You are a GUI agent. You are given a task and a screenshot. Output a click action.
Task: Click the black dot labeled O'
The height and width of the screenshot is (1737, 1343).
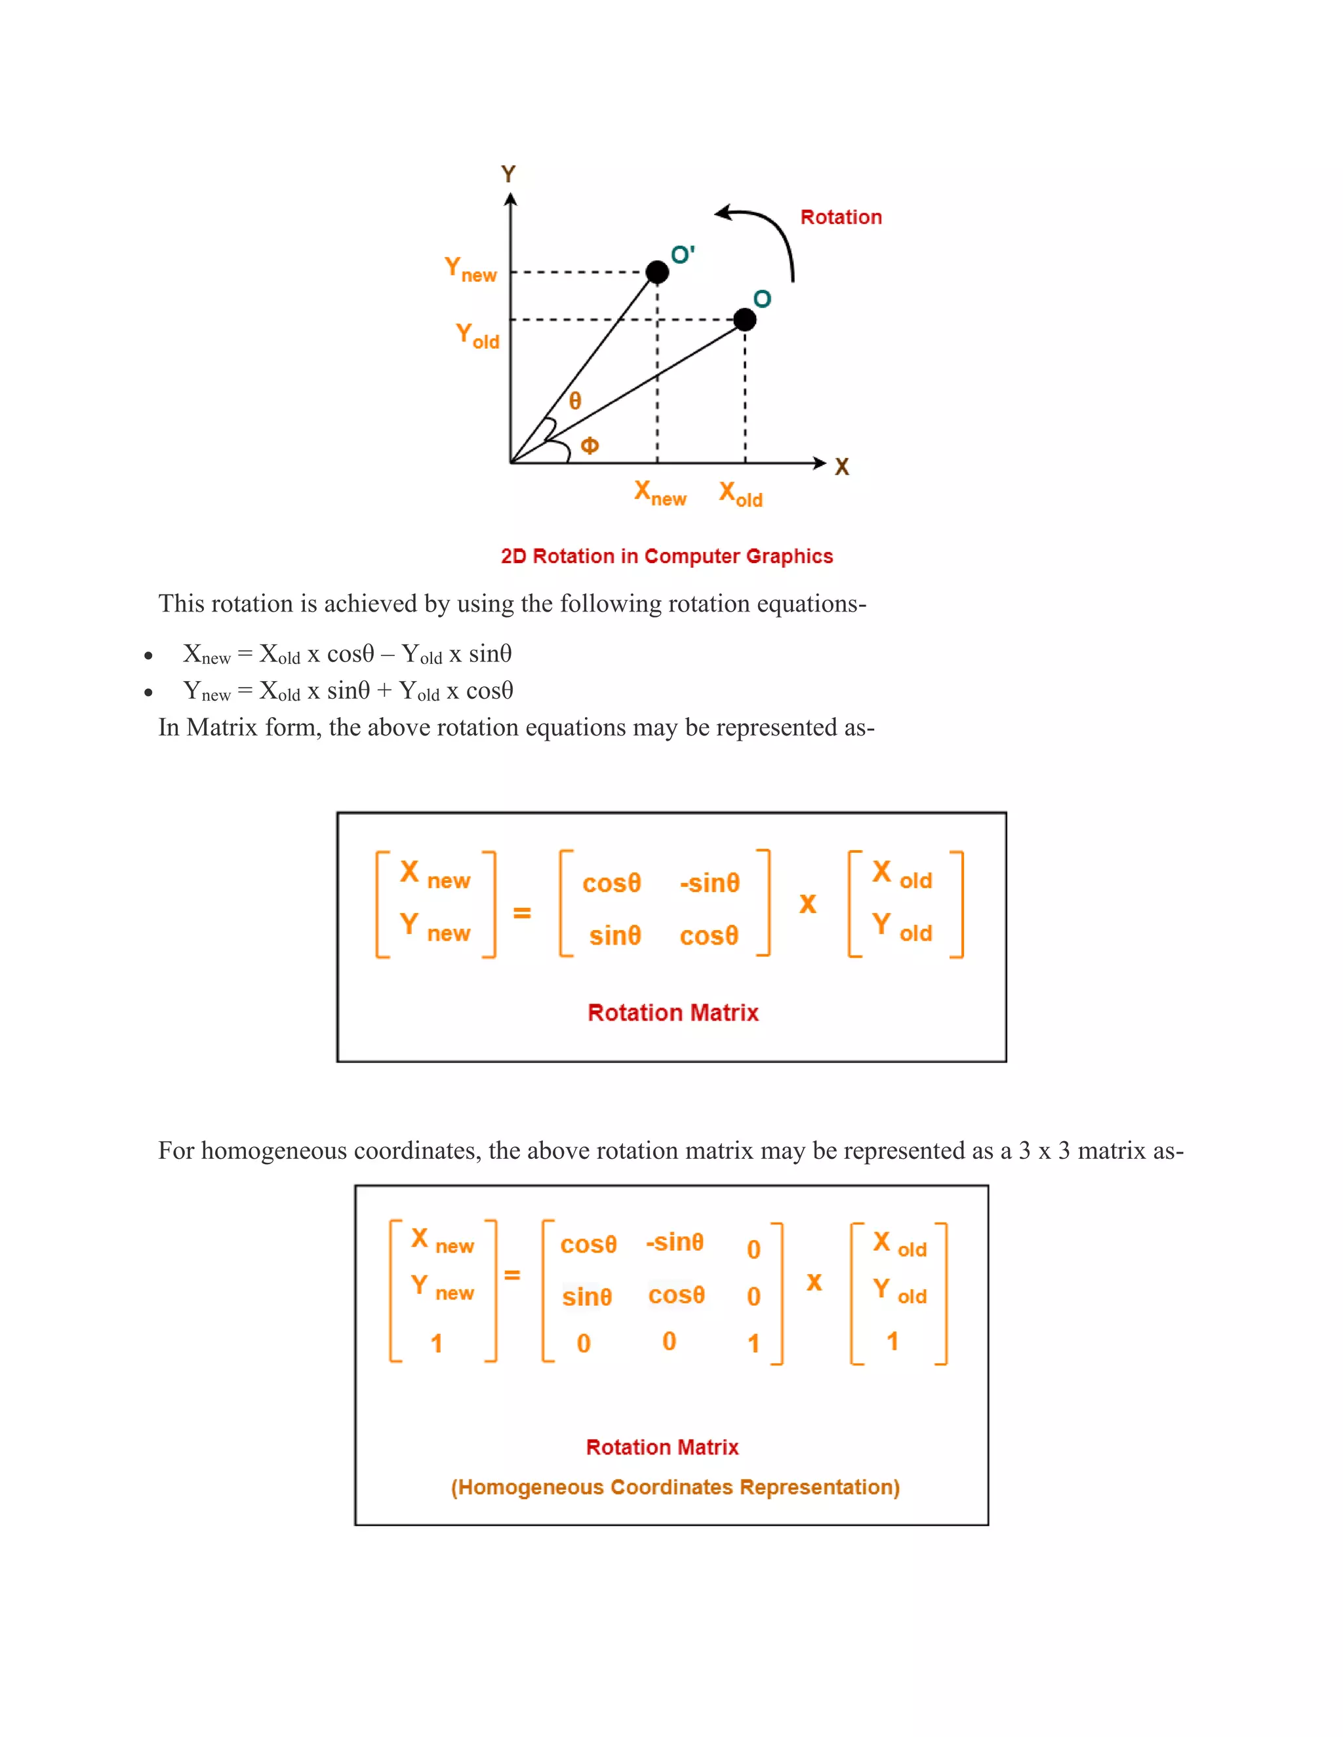click(657, 272)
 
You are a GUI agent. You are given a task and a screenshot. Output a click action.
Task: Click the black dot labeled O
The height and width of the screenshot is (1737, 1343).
click(745, 320)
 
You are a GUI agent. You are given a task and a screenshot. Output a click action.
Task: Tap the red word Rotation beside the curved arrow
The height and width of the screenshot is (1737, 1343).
click(841, 217)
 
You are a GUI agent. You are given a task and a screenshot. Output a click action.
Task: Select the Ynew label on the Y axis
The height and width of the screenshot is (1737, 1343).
click(470, 269)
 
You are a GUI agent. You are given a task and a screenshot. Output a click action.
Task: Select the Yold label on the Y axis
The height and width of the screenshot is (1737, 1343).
click(477, 336)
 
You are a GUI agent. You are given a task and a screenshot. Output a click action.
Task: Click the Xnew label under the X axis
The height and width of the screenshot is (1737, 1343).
click(660, 493)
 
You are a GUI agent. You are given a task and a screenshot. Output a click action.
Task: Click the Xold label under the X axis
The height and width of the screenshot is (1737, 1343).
click(740, 494)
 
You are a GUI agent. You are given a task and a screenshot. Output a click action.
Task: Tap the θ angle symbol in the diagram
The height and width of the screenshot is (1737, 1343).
click(575, 401)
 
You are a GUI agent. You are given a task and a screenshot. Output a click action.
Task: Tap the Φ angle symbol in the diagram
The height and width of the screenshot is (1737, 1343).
click(590, 445)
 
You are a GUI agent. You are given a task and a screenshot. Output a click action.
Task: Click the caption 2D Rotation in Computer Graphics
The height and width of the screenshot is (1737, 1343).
click(667, 556)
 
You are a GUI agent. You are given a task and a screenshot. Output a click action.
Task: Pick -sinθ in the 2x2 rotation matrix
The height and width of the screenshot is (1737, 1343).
click(710, 883)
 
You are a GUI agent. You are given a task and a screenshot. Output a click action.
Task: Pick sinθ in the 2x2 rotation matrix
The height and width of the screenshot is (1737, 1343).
click(615, 935)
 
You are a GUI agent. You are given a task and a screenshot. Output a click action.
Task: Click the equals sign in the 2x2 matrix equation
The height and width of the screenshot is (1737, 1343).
click(522, 912)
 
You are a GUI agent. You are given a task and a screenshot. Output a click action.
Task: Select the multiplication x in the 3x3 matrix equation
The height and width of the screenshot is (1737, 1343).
click(814, 1282)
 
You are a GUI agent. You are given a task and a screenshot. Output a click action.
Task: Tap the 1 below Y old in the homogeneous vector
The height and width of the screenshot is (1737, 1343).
click(892, 1342)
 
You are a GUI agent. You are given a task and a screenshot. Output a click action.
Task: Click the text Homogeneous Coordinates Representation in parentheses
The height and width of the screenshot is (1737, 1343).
click(675, 1487)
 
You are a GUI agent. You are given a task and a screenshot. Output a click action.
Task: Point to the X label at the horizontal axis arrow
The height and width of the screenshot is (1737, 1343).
click(842, 467)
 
